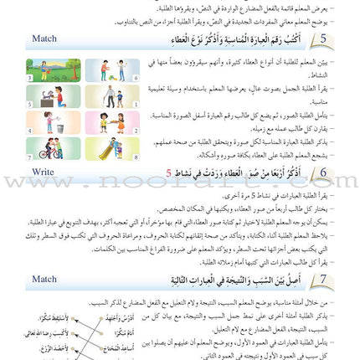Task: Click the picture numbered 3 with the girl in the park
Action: click(53, 70)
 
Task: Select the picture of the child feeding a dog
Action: click(53, 96)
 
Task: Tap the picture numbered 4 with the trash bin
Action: click(53, 122)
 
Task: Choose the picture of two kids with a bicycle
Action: click(53, 148)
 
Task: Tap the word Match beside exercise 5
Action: click(44, 39)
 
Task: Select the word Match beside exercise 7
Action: click(44, 277)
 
